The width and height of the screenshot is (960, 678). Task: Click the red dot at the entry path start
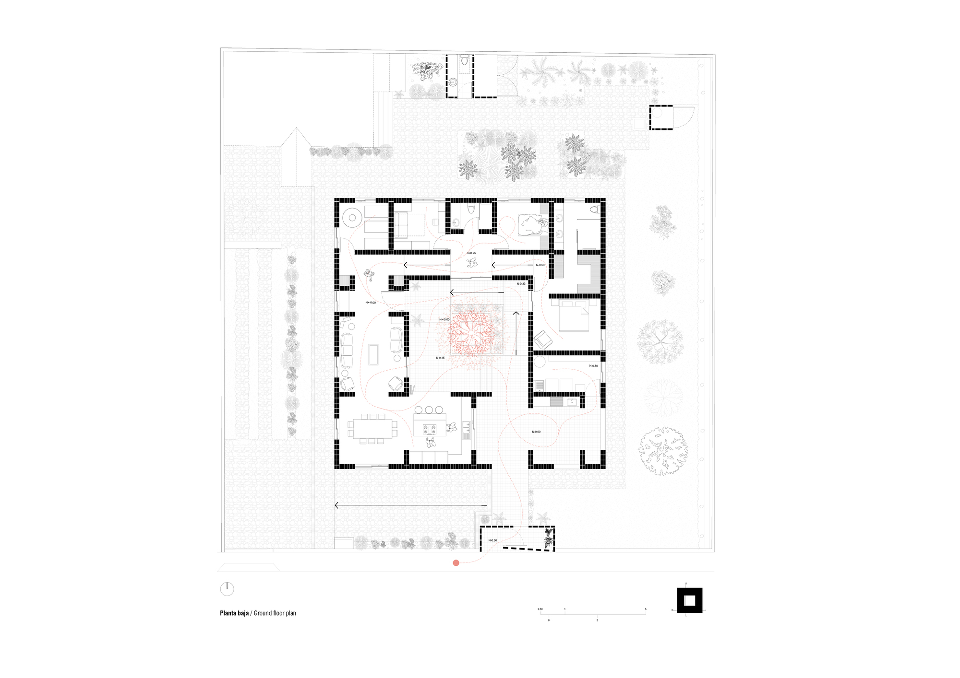coord(456,563)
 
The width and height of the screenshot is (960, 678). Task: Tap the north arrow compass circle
coord(227,589)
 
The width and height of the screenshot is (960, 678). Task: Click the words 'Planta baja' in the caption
coord(234,613)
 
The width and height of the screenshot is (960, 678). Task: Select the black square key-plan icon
coord(690,600)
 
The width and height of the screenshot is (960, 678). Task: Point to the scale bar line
coord(593,615)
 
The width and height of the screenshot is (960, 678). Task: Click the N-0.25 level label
coord(471,253)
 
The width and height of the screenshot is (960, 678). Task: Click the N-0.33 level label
coord(521,284)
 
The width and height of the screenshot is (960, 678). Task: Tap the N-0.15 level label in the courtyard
coord(440,358)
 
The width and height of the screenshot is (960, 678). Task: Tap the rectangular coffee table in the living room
coord(373,354)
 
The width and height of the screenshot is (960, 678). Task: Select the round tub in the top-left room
coord(352,218)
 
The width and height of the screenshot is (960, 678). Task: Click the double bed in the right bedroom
coord(574,316)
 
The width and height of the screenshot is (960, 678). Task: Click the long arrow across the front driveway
coord(411,505)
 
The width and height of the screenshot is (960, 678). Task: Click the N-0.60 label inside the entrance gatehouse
coord(493,540)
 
